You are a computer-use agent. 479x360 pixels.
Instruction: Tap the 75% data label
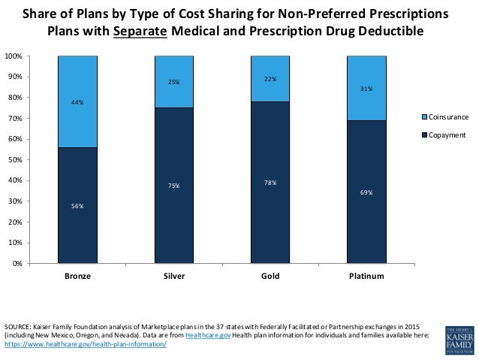click(173, 186)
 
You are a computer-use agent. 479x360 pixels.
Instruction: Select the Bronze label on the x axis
click(78, 277)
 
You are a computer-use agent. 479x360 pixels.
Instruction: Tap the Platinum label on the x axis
click(366, 277)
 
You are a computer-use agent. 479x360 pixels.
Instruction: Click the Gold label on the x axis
click(270, 277)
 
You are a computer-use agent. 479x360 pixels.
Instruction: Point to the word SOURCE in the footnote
click(17, 327)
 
